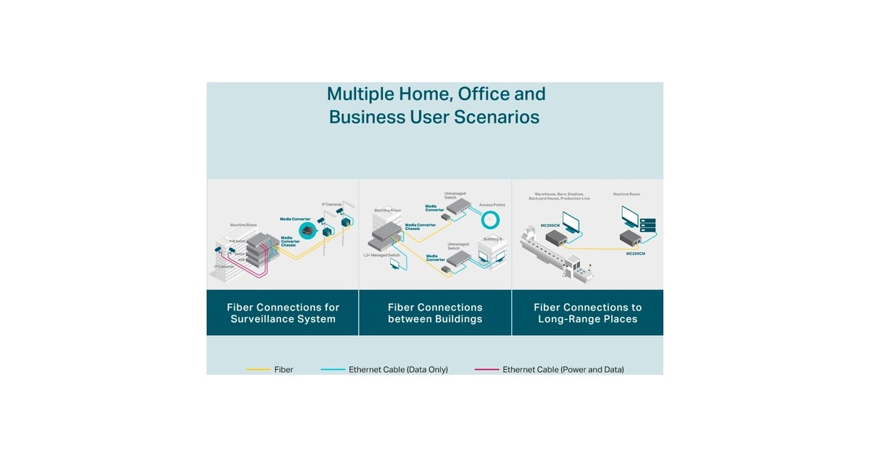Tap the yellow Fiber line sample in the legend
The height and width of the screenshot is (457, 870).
pyautogui.click(x=258, y=370)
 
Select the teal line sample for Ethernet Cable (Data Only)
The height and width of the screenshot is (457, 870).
pyautogui.click(x=332, y=370)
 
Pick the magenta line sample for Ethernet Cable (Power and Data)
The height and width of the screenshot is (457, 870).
pyautogui.click(x=486, y=370)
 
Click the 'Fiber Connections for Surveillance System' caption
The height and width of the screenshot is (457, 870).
pyautogui.click(x=282, y=313)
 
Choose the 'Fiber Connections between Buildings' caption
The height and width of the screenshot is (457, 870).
pyautogui.click(x=435, y=313)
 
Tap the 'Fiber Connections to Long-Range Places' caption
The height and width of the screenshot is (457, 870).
pyautogui.click(x=587, y=313)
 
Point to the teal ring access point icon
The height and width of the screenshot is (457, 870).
pyautogui.click(x=492, y=220)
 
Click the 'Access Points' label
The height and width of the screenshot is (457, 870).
pyautogui.click(x=492, y=205)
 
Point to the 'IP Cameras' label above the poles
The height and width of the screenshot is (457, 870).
pyautogui.click(x=333, y=205)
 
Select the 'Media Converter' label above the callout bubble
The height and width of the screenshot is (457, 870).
pyautogui.click(x=294, y=218)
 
